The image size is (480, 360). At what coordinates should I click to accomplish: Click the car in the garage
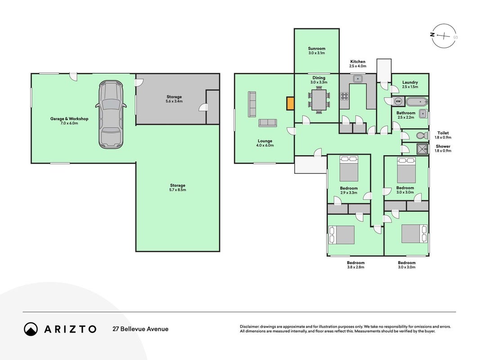111,114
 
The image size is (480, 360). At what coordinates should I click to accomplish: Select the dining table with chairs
319,100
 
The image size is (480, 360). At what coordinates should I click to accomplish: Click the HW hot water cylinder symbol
398,101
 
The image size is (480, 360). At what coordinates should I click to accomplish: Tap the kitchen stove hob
345,96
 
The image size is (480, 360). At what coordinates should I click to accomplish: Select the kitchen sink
358,79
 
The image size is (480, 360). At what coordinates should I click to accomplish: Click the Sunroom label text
317,48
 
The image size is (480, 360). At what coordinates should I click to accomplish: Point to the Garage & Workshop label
69,119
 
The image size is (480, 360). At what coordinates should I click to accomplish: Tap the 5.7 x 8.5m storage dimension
178,190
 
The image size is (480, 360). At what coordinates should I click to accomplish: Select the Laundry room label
410,82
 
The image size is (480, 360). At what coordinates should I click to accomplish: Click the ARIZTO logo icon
31,329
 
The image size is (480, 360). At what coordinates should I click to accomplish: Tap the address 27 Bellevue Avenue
140,329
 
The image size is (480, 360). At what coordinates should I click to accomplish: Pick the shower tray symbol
423,148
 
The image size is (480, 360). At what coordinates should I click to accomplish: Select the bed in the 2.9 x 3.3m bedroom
349,169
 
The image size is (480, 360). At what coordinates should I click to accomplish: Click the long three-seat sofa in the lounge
251,104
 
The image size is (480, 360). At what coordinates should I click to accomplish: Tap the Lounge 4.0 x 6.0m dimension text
265,145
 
